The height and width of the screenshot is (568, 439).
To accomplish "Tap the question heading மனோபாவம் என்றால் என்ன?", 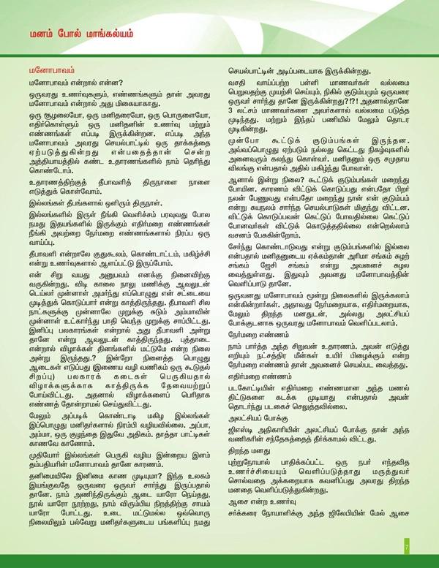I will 70,88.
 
